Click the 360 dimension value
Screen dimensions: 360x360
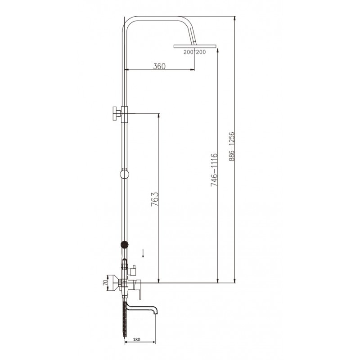coord(159,66)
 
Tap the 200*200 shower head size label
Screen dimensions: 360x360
coord(194,52)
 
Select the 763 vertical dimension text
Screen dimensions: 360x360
coord(155,199)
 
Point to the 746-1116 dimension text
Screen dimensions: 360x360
coord(214,170)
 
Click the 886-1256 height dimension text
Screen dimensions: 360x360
coord(232,146)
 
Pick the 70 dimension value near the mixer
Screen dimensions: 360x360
coord(105,283)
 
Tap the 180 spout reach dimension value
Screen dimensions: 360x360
coord(136,340)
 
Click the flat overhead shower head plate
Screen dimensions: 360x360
coord(195,46)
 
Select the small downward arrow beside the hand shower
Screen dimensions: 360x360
coord(143,253)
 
